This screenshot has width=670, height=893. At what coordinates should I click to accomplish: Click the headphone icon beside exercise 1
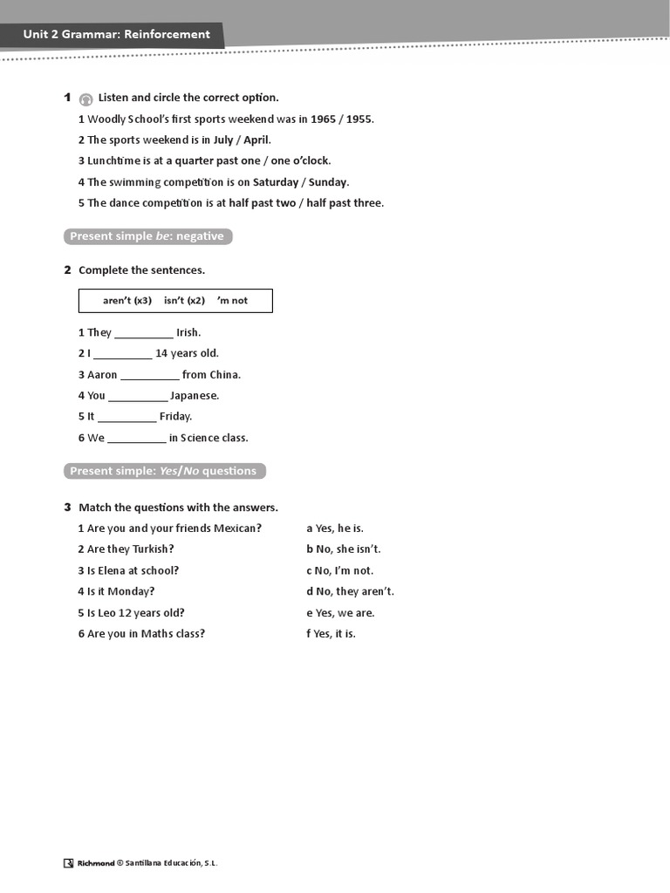point(85,99)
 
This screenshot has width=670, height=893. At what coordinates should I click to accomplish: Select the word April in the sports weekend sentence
point(257,140)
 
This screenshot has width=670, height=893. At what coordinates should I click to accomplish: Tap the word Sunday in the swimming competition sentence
point(329,182)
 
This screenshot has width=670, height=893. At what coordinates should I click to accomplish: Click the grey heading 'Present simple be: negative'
point(147,236)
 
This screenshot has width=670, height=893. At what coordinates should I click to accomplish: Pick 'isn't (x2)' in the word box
point(184,301)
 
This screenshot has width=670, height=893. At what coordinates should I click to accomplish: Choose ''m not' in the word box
point(232,301)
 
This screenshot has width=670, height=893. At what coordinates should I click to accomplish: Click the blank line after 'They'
point(144,334)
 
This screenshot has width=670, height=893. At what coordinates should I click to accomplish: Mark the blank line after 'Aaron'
point(150,376)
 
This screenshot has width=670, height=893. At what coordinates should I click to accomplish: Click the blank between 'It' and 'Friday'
point(126,418)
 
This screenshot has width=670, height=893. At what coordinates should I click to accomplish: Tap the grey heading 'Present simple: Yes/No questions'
point(164,471)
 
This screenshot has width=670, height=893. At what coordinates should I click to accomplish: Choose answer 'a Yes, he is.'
point(335,528)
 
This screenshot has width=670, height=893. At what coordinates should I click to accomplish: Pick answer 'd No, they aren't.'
point(350,591)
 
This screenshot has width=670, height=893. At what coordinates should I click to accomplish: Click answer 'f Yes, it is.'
point(331,634)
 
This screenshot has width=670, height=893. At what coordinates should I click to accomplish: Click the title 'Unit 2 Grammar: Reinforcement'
point(117,35)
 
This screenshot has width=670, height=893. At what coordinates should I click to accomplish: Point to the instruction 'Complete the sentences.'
point(141,270)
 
